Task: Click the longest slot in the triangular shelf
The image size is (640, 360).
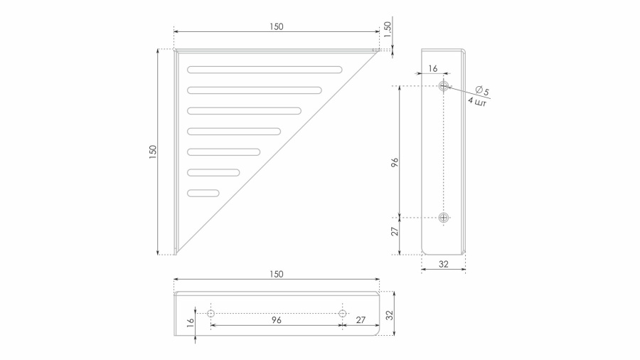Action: [265, 70]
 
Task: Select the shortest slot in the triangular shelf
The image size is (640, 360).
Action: [203, 193]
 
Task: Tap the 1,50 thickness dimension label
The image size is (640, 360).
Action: [388, 29]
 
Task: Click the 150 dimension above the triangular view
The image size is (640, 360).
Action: [277, 26]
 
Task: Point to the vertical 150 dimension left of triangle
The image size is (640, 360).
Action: [153, 152]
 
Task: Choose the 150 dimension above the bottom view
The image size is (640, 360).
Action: [277, 274]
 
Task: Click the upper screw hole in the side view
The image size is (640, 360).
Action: [444, 85]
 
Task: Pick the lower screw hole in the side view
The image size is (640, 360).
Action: [444, 218]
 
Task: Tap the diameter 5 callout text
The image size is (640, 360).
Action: [482, 90]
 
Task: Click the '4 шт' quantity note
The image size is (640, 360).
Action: [476, 102]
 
